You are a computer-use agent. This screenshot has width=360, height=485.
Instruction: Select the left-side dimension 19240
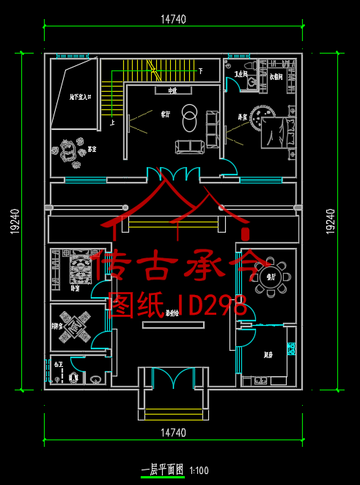(x=14, y=219)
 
